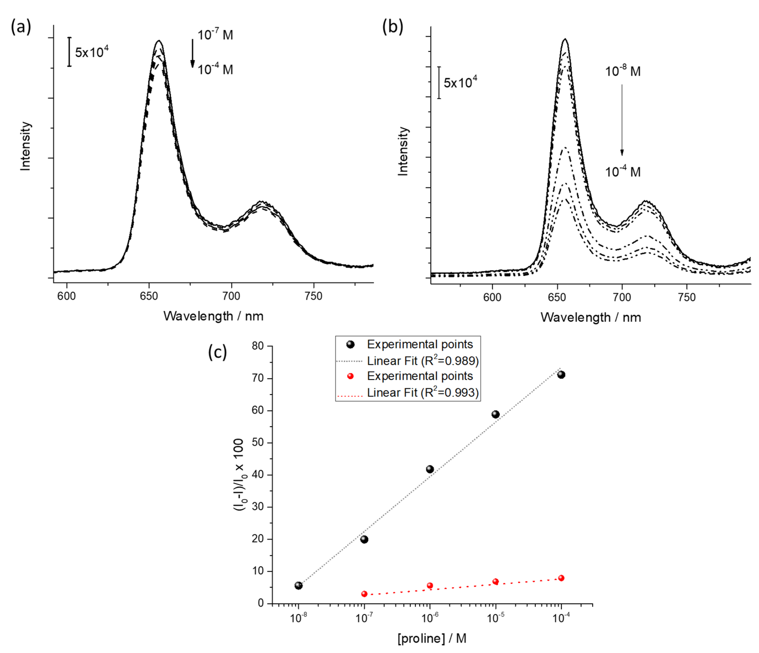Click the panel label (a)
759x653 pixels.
pos(21,27)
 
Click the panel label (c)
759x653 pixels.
pos(217,352)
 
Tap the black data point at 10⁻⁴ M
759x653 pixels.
pos(561,375)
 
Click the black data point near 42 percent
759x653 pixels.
pos(430,469)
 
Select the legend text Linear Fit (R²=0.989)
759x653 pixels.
pos(423,361)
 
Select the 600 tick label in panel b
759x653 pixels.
pos(492,297)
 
